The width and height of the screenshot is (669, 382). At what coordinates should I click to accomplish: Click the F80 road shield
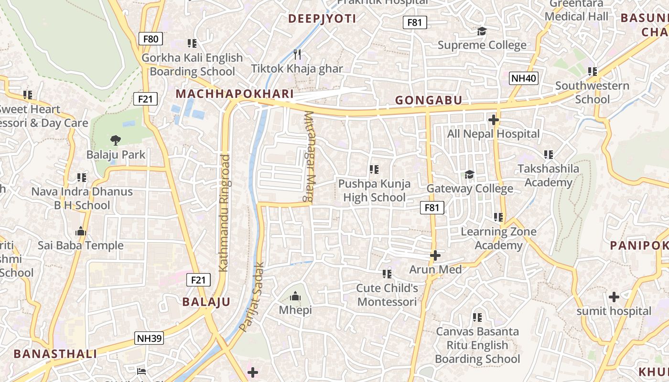(x=151, y=39)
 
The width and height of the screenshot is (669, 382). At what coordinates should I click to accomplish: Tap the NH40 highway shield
(x=523, y=78)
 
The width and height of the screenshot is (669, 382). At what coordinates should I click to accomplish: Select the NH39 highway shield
(x=150, y=338)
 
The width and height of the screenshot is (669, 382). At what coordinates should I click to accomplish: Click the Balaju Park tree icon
(x=115, y=140)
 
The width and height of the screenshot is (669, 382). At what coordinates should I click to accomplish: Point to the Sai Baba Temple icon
(x=81, y=231)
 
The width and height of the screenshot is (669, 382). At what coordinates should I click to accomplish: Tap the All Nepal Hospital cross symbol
(x=494, y=120)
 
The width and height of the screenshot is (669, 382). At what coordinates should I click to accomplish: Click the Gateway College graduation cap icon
(x=470, y=174)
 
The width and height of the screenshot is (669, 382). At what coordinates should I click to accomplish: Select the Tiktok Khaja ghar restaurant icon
(x=297, y=54)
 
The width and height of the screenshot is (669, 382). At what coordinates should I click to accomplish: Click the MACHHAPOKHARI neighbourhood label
(x=234, y=94)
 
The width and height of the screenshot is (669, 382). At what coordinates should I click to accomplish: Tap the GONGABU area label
(x=429, y=100)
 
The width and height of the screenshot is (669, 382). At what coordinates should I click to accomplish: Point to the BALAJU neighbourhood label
(x=206, y=302)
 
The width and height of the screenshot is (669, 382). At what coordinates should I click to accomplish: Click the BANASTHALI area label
(x=55, y=354)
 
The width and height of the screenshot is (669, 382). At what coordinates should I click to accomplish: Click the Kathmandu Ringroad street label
(x=224, y=213)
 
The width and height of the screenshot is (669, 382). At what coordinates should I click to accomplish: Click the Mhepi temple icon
(x=295, y=297)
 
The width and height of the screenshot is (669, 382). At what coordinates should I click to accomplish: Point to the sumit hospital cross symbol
(x=614, y=297)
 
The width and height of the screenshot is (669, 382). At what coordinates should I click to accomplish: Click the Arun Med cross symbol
(x=435, y=255)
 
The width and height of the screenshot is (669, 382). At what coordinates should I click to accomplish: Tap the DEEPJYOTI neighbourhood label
(x=323, y=19)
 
